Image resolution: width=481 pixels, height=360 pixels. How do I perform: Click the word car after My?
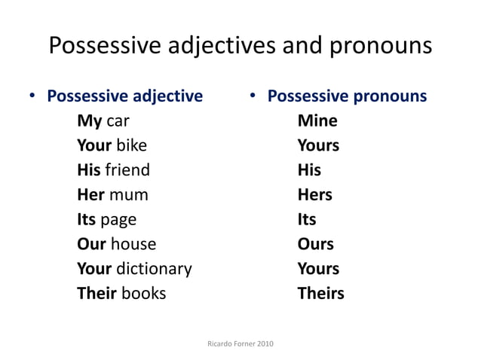coord(118,121)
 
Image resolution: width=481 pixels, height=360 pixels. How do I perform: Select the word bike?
coord(131,146)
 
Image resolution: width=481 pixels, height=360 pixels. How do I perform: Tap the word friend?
coord(127,170)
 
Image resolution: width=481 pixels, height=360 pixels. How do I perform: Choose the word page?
coord(118,221)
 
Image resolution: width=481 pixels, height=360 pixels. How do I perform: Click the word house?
coord(133,245)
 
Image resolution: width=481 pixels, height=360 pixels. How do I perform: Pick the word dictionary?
coord(154,269)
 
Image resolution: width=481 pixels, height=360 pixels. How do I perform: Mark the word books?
coord(142,294)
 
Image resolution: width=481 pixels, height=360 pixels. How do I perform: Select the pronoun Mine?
coord(317,121)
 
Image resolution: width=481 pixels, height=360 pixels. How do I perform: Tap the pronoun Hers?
coord(315,195)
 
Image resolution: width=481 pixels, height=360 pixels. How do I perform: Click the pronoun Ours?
coord(316,245)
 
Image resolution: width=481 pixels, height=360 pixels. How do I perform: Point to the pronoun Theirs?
coord(320,294)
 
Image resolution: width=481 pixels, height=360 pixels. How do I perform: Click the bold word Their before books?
coord(95,294)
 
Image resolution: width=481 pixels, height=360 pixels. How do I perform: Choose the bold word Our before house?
coord(91,245)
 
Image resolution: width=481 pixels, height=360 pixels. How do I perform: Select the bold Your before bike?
coord(94,146)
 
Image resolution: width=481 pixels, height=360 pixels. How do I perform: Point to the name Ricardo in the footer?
coord(220,344)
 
